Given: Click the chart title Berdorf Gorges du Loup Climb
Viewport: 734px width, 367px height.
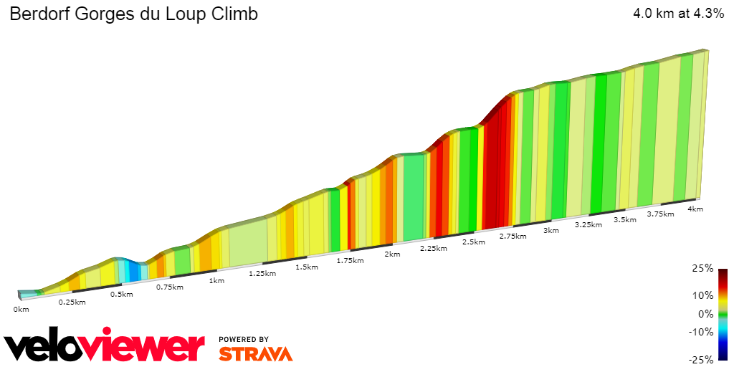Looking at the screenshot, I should pyautogui.click(x=133, y=14).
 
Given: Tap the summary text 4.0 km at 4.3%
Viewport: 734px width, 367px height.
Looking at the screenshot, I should pyautogui.click(x=678, y=13).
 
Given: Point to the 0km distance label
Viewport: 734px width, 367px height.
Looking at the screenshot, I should pyautogui.click(x=21, y=309).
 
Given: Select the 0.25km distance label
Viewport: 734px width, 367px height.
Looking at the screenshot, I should pyautogui.click(x=72, y=302).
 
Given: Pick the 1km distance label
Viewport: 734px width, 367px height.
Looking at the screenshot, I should pyautogui.click(x=216, y=280).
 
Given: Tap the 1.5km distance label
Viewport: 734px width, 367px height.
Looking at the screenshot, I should pyautogui.click(x=306, y=267).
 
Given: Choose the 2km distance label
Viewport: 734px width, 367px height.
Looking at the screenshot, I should pyautogui.click(x=392, y=254).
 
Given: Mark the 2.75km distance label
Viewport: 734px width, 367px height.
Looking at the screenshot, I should pyautogui.click(x=513, y=236).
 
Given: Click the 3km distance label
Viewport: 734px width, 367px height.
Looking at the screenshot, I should pyautogui.click(x=550, y=231).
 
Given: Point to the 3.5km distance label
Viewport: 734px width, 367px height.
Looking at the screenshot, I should pyautogui.click(x=625, y=219).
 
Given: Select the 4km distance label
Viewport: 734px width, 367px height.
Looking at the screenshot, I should pyautogui.click(x=695, y=209).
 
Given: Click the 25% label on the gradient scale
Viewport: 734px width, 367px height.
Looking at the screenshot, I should pyautogui.click(x=704, y=268).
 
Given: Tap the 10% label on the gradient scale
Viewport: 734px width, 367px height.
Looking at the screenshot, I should pyautogui.click(x=704, y=295).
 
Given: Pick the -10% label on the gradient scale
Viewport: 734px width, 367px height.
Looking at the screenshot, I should pyautogui.click(x=702, y=332).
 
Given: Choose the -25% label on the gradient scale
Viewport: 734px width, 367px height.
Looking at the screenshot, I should pyautogui.click(x=702, y=359).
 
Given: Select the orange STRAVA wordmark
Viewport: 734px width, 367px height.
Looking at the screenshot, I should pyautogui.click(x=255, y=353).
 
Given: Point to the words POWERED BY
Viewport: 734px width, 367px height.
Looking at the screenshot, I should pyautogui.click(x=244, y=339).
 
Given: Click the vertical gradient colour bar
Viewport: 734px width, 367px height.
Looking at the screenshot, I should pyautogui.click(x=723, y=314).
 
